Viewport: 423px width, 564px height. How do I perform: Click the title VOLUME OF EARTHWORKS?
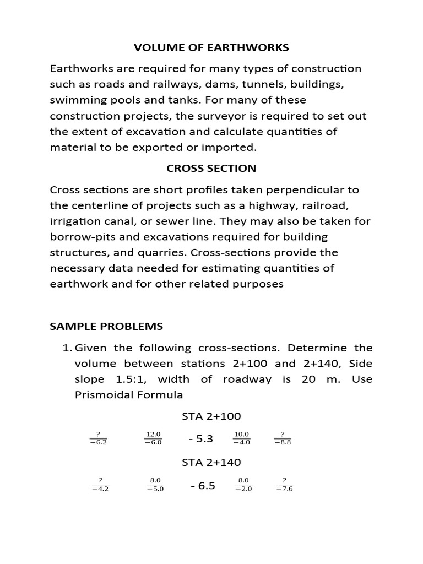[211, 48]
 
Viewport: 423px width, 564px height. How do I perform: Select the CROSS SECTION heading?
[211, 168]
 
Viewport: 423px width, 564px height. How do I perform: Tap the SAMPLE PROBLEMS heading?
[106, 326]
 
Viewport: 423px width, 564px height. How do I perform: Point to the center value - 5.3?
[200, 439]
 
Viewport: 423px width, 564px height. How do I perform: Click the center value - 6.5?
[202, 486]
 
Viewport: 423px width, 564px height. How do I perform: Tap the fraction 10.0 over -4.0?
[242, 438]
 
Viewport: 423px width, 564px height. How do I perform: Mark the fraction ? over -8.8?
[283, 438]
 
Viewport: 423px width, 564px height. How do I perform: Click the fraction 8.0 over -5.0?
[155, 485]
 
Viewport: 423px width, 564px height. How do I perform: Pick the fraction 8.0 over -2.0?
[243, 485]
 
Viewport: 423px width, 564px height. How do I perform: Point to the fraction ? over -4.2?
[100, 485]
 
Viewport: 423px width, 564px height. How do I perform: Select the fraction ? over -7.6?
[284, 485]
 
